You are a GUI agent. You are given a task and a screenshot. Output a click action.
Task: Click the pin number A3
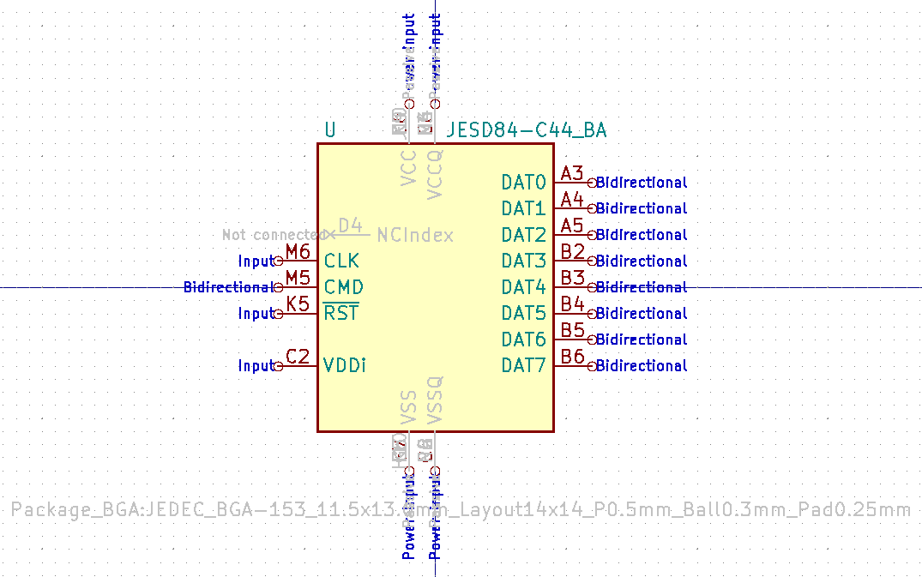click(x=572, y=174)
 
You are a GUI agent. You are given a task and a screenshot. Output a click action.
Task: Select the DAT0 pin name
click(x=523, y=183)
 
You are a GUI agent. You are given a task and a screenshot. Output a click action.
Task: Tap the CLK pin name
click(x=341, y=261)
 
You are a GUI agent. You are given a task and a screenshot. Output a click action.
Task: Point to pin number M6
click(x=298, y=252)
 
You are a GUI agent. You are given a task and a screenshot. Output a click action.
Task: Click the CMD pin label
click(x=343, y=287)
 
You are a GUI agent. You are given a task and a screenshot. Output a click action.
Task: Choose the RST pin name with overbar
click(x=340, y=313)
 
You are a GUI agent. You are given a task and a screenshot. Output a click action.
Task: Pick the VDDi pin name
click(x=345, y=366)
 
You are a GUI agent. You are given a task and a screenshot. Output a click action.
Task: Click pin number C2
click(x=298, y=357)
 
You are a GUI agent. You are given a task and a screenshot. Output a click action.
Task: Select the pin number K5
click(x=298, y=304)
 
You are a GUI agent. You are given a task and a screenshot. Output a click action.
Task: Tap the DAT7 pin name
click(x=523, y=366)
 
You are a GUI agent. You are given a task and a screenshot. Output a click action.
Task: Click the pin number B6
click(x=572, y=357)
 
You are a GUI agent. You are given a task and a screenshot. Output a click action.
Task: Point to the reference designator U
click(x=330, y=131)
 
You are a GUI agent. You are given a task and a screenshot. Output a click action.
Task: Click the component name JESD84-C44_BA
click(x=527, y=131)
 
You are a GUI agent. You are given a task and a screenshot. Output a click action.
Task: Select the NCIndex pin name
click(x=415, y=235)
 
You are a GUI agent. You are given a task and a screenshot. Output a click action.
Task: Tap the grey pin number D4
click(x=350, y=225)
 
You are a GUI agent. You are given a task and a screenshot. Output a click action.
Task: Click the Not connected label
click(x=273, y=235)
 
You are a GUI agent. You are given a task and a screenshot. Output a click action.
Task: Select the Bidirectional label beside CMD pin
click(x=227, y=287)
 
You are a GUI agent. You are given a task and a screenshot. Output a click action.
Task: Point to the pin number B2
click(x=572, y=252)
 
